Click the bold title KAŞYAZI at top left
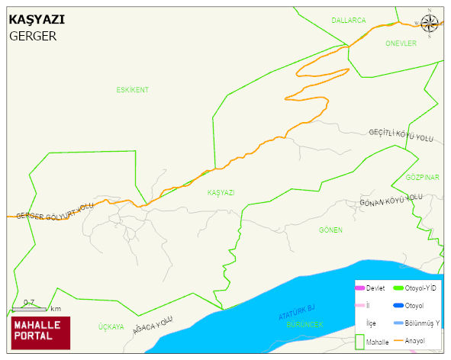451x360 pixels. (x=36, y=21)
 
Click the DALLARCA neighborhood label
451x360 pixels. (x=349, y=20)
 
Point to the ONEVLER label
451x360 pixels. (x=401, y=43)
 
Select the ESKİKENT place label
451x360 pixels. (x=132, y=90)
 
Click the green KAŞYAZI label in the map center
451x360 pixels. (x=221, y=193)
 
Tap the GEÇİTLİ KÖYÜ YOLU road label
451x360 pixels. (x=401, y=135)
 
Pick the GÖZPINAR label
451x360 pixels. (x=422, y=177)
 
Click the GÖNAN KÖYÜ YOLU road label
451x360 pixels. (x=391, y=200)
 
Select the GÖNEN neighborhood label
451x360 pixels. (x=330, y=230)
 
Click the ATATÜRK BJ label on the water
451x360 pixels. (x=296, y=312)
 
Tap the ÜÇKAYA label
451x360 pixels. (x=111, y=326)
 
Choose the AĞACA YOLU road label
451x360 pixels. (x=153, y=324)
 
